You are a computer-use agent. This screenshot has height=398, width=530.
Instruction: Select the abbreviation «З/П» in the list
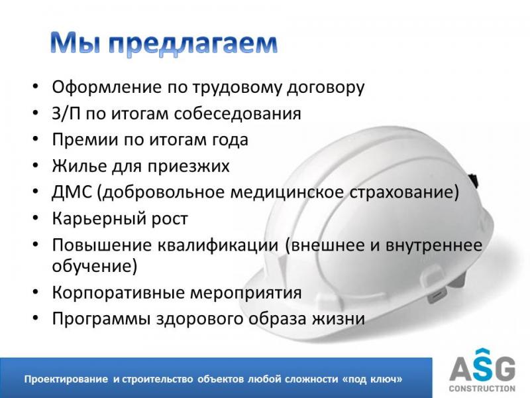tap(66, 113)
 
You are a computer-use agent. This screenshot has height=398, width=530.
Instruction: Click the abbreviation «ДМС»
tap(72, 192)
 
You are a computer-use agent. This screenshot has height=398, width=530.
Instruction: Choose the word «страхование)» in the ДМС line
tap(404, 192)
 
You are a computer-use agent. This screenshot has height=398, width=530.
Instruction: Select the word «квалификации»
tap(218, 245)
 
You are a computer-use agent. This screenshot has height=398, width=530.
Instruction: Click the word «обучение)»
tap(95, 266)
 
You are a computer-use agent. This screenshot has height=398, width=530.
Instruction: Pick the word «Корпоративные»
tap(119, 293)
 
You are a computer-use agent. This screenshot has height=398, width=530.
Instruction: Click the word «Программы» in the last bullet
tap(101, 319)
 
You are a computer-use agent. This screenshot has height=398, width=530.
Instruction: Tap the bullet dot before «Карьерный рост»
tap(36, 219)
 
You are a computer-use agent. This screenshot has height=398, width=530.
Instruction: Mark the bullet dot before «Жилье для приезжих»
tap(36, 166)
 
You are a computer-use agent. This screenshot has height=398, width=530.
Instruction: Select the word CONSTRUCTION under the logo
tap(482, 389)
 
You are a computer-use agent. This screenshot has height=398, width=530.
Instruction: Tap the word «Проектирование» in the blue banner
tap(66, 379)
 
